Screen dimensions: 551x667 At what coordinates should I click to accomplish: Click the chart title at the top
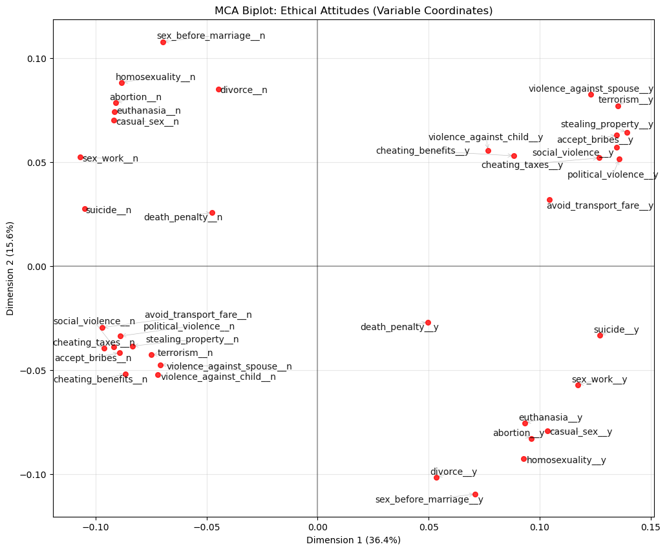pyautogui.click(x=354, y=11)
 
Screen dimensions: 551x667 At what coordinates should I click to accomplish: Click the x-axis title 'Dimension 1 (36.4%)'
pyautogui.click(x=354, y=540)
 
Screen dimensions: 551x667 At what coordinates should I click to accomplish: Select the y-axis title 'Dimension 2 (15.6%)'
pyautogui.click(x=10, y=268)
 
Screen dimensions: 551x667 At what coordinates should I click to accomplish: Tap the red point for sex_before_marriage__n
pyautogui.click(x=163, y=42)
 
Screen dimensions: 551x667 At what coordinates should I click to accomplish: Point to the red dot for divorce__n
pyautogui.click(x=218, y=89)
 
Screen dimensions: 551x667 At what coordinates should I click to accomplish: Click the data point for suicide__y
pyautogui.click(x=600, y=335)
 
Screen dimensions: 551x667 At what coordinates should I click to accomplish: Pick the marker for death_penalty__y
pyautogui.click(x=428, y=322)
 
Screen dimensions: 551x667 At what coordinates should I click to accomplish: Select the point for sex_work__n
pyautogui.click(x=80, y=157)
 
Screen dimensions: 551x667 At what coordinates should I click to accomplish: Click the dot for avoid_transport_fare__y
pyautogui.click(x=549, y=200)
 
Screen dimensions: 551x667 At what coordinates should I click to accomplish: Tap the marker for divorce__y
pyautogui.click(x=436, y=477)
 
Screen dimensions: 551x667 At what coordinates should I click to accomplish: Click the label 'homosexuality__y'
pyautogui.click(x=566, y=461)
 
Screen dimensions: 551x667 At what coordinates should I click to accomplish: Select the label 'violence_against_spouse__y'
pyautogui.click(x=591, y=89)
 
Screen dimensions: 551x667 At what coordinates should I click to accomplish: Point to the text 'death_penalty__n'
pyautogui.click(x=183, y=218)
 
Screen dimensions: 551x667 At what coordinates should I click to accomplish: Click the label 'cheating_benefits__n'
pyautogui.click(x=100, y=380)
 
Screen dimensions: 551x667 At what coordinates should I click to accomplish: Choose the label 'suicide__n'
pyautogui.click(x=109, y=211)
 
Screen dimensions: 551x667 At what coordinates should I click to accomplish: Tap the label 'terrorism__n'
pyautogui.click(x=185, y=353)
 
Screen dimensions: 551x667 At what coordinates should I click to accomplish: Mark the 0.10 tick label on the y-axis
pyautogui.click(x=37, y=59)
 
